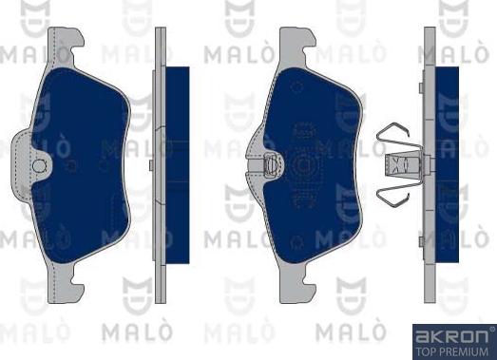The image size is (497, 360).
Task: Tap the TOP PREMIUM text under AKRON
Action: [x=452, y=351]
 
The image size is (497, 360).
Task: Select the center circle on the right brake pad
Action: [x=307, y=165]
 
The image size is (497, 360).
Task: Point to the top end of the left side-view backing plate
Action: [x=159, y=38]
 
